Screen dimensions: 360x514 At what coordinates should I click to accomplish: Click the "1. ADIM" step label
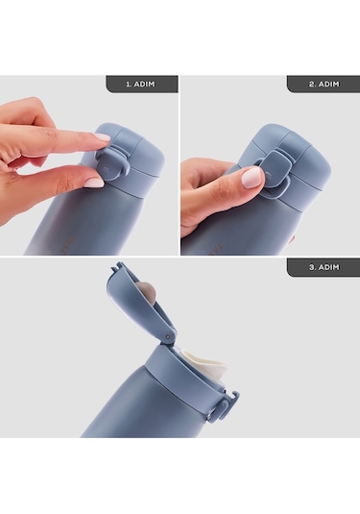point(140,84)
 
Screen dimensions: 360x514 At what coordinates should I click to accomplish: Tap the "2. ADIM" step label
point(324,84)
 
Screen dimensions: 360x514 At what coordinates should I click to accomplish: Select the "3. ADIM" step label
point(324,267)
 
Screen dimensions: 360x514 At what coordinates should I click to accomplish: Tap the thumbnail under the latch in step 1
point(94,183)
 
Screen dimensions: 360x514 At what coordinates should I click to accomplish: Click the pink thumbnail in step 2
point(252,178)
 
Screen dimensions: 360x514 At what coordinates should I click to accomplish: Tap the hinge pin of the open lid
point(168,336)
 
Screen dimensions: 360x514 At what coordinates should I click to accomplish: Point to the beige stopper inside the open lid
point(149,290)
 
